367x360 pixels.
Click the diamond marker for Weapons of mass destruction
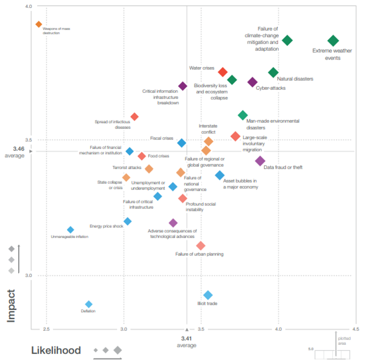[39, 24]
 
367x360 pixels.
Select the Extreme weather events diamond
[333, 41]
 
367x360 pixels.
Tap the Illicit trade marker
[208, 295]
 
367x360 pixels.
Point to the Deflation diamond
[89, 304]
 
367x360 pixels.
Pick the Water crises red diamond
[223, 72]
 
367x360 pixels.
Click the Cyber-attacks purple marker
[253, 82]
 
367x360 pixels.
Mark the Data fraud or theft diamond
[260, 161]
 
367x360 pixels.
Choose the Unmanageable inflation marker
[71, 230]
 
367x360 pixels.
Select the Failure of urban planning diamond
[201, 246]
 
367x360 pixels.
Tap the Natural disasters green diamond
[273, 72]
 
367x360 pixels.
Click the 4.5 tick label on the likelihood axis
[356, 329]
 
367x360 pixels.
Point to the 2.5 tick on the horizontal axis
[46, 329]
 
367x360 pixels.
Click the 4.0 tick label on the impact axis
[28, 6]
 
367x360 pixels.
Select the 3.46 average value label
[19, 149]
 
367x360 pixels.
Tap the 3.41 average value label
[186, 338]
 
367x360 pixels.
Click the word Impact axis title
[11, 306]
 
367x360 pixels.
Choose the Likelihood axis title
[56, 350]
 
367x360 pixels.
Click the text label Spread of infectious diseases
[113, 124]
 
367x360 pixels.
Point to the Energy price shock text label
[106, 226]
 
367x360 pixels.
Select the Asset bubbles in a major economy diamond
[220, 175]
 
